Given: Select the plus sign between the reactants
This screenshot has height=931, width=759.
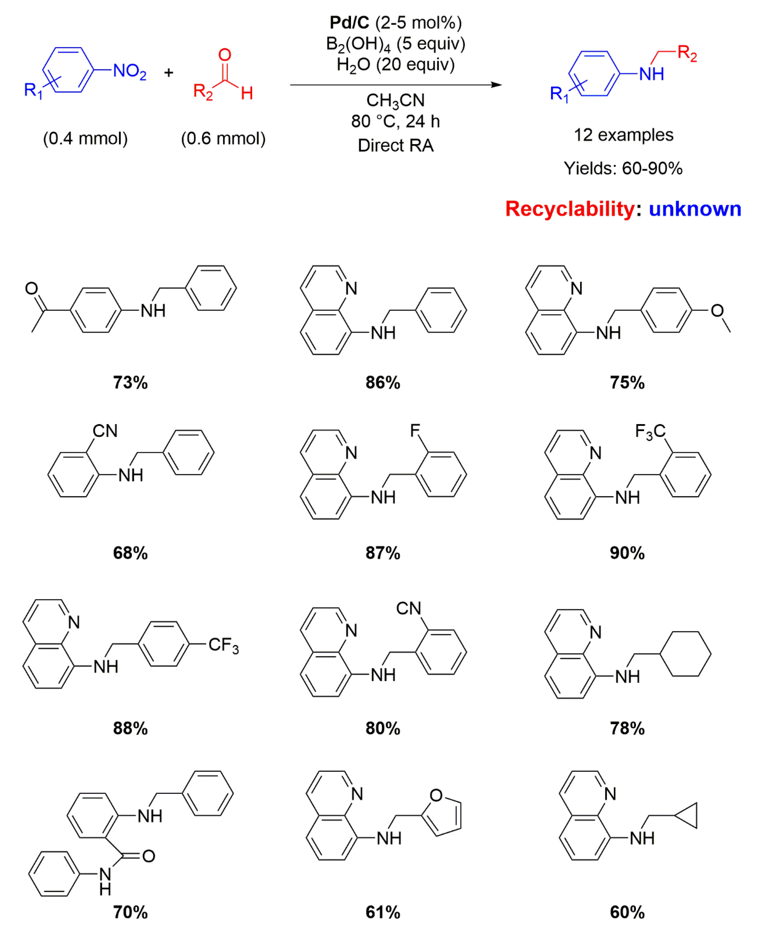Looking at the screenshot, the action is (169, 72).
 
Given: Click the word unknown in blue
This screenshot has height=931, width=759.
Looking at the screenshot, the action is (695, 209).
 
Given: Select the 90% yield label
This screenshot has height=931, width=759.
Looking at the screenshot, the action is (627, 553).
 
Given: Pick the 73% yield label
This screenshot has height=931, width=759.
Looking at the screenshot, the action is (130, 383).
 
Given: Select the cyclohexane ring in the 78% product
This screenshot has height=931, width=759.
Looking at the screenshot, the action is (685, 654).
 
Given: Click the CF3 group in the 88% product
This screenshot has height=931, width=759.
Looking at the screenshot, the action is (223, 645).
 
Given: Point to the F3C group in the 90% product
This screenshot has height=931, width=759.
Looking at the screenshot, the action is (650, 431).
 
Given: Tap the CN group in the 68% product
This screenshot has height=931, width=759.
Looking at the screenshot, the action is (105, 431).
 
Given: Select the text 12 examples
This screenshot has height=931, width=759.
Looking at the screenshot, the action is (623, 135).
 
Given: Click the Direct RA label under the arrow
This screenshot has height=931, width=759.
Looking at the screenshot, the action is (396, 146).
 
